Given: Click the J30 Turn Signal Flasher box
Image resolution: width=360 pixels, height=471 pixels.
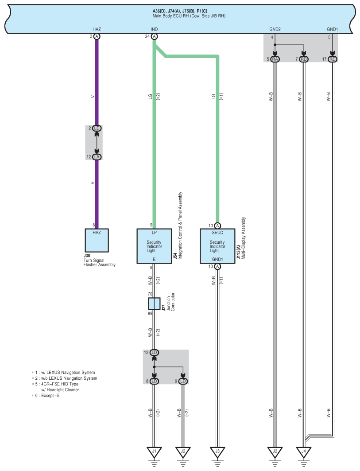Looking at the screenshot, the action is tap(97, 240).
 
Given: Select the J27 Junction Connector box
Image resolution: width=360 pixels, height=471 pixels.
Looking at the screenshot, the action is tap(154, 304).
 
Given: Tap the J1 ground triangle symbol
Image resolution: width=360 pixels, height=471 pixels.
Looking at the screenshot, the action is tap(155, 452).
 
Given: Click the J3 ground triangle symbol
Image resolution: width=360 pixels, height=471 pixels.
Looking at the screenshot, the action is tap(217, 452).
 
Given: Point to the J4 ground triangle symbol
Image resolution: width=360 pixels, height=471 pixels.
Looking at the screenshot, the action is tap(304, 452).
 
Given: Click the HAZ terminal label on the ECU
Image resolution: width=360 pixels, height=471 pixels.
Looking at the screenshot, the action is tap(97, 29).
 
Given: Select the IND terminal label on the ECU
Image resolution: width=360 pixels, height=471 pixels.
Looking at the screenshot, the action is tap(154, 29).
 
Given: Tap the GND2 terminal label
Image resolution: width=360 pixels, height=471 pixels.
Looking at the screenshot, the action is tap(275, 29).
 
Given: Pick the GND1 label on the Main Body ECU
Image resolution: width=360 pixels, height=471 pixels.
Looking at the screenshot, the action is tap(333, 29).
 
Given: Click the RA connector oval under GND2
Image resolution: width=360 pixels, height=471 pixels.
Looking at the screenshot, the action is tap(275, 59).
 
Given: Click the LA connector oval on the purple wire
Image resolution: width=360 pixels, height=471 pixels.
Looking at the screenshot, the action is tap(97, 157).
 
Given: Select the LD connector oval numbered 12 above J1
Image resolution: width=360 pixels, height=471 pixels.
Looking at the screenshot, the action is tap(154, 352).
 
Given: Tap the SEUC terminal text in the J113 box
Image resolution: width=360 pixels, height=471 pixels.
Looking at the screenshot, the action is tap(217, 233).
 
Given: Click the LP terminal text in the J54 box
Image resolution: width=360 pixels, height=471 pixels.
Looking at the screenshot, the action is tap(154, 233).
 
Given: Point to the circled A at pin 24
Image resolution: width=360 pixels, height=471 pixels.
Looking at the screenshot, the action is tap(154, 36).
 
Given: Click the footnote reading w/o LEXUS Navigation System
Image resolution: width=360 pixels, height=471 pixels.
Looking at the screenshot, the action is tap(65, 378).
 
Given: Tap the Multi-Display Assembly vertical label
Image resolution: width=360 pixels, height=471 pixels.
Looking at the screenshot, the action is tap(244, 238).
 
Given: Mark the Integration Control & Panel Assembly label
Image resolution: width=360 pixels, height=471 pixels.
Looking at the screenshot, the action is tap(180, 226).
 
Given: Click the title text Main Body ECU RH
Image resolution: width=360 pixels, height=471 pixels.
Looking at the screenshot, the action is tap(189, 16).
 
